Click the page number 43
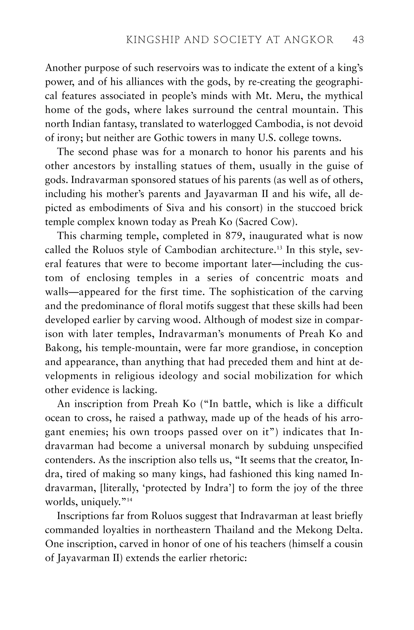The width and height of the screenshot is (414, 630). click(358, 40)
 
